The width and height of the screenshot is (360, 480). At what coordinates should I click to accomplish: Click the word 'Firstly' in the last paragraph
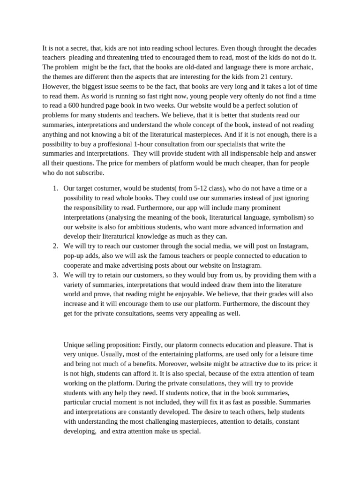[x=152, y=345]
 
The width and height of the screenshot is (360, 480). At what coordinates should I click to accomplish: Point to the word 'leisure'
[x=278, y=354]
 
